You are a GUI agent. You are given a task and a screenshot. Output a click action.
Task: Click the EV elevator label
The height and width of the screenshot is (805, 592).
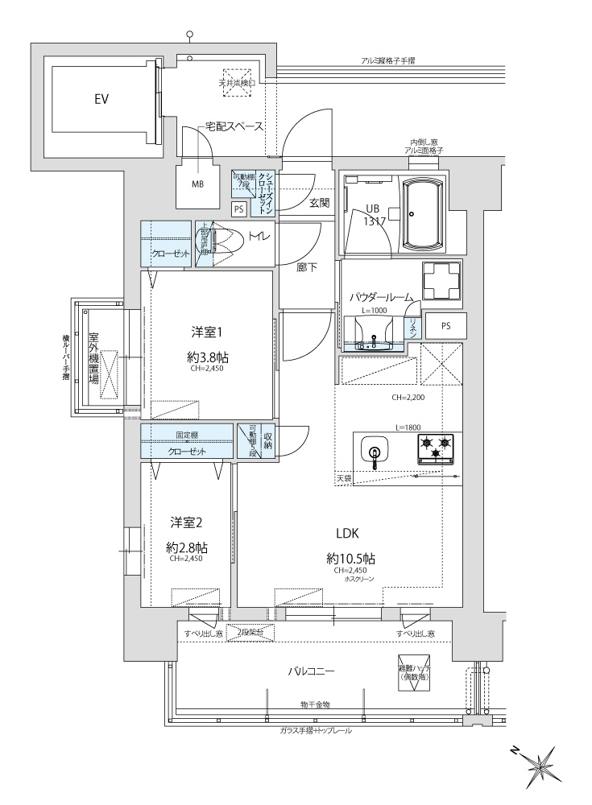(101, 100)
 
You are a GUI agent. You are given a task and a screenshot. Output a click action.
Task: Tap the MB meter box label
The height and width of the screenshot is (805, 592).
(197, 184)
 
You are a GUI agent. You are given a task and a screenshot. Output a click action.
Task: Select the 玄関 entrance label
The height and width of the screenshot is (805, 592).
(319, 203)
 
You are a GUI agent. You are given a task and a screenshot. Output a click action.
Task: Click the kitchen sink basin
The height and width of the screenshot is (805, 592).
(374, 451)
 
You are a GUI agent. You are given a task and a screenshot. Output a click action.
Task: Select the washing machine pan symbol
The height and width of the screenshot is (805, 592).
(438, 281)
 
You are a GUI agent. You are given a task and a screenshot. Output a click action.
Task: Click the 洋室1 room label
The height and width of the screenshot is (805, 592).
(206, 331)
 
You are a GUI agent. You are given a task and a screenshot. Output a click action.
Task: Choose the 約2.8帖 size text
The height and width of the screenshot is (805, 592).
(187, 547)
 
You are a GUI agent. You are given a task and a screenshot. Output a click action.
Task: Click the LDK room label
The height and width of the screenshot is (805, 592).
(347, 532)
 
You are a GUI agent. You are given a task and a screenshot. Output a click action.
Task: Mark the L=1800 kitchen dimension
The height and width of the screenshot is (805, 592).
(408, 427)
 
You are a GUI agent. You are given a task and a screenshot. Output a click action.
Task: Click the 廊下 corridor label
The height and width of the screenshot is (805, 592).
(305, 268)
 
